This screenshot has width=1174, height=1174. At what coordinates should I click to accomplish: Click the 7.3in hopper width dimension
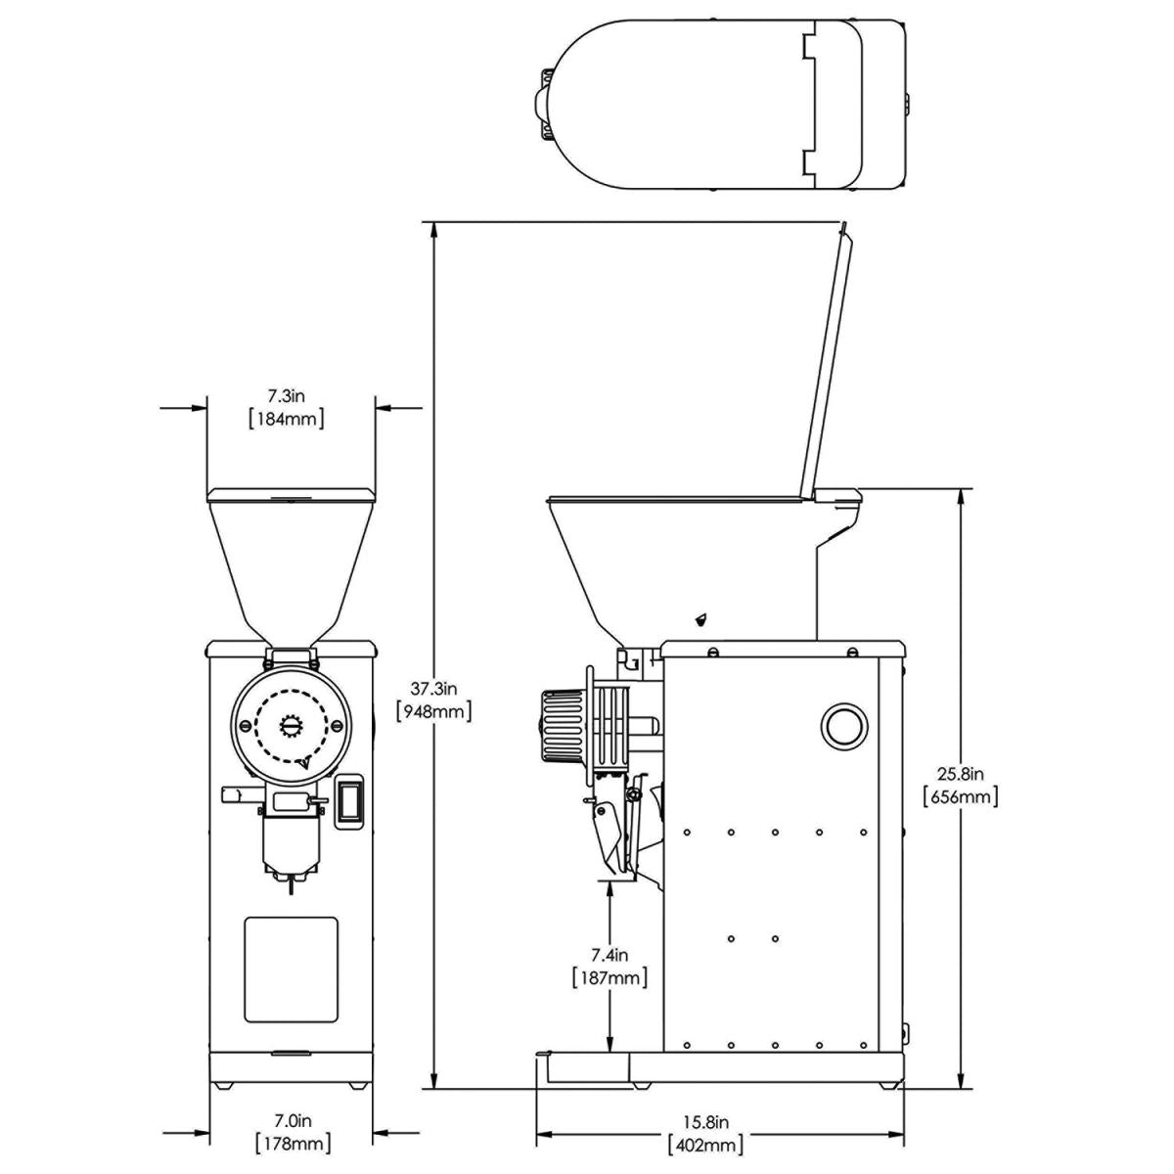click(x=288, y=396)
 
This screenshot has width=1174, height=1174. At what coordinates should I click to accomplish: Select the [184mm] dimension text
click(x=288, y=419)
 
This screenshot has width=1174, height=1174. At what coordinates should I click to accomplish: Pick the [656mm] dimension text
click(x=960, y=796)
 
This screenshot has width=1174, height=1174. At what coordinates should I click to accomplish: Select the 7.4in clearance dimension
click(x=609, y=954)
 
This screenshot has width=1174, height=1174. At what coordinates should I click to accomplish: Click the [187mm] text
click(x=609, y=977)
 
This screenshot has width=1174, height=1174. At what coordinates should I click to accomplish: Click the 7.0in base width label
click(x=292, y=1119)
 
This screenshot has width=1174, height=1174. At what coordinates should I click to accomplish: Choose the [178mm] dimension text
click(x=292, y=1143)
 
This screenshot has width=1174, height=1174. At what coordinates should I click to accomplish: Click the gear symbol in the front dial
click(x=292, y=725)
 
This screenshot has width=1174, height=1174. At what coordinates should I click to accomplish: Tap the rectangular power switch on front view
click(x=349, y=802)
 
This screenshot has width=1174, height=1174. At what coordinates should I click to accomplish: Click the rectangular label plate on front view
click(x=291, y=967)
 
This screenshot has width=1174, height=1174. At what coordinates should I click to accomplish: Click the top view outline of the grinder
click(x=724, y=104)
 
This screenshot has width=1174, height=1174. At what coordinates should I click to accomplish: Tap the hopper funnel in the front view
click(x=291, y=563)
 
